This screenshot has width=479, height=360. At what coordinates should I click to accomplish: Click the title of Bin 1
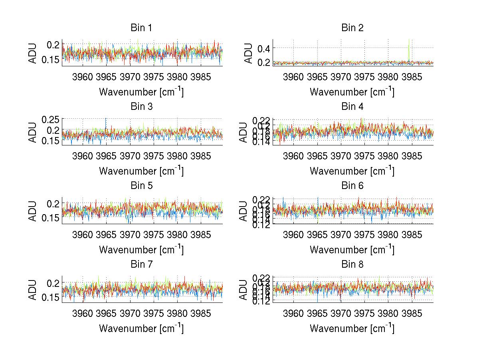tap(141, 28)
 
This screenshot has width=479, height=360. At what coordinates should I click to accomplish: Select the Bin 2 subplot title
tap(352, 28)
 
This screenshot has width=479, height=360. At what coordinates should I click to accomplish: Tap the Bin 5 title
tap(141, 186)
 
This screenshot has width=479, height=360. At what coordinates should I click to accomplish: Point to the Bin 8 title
tap(352, 265)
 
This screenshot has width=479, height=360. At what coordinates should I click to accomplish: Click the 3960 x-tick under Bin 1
tap(83, 77)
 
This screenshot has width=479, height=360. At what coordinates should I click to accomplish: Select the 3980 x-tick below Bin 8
tap(388, 313)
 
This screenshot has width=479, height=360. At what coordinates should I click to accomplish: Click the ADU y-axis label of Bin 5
tap(33, 211)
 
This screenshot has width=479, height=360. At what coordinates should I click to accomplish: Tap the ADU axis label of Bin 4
tap(244, 132)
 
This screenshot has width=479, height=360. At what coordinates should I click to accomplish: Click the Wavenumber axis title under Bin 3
tap(141, 171)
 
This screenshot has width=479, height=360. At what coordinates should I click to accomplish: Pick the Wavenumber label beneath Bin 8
tap(352, 328)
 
